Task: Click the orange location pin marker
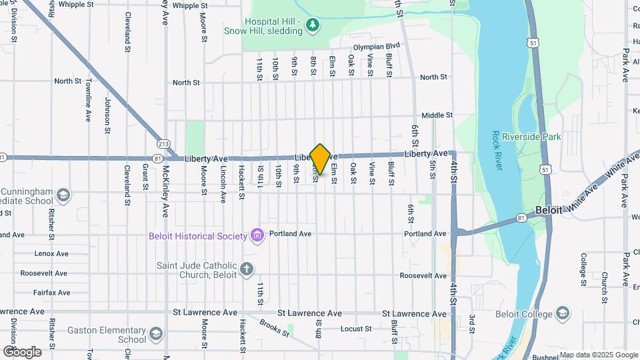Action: (x=320, y=159)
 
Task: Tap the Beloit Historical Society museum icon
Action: (x=256, y=235)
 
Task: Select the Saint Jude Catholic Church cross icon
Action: (x=247, y=269)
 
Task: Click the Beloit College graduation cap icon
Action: (x=563, y=314)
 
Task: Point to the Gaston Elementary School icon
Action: (x=156, y=333)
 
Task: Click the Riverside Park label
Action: (x=531, y=137)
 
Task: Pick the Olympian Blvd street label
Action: (x=376, y=47)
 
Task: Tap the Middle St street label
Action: (x=437, y=115)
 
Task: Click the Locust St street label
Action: (x=355, y=329)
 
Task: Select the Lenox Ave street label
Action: (x=53, y=254)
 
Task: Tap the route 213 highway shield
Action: (x=163, y=143)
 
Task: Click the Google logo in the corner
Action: (x=21, y=351)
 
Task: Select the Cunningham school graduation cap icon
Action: (x=63, y=195)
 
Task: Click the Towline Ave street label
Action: (x=87, y=100)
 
